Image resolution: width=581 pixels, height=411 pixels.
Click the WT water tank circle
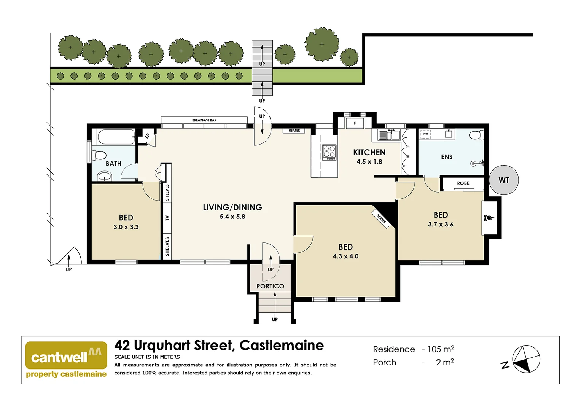click(503, 180)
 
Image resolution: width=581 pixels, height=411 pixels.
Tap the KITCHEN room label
click(369, 152)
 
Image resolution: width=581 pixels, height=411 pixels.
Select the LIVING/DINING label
click(232, 207)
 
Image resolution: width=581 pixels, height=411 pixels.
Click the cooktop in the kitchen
click(329, 152)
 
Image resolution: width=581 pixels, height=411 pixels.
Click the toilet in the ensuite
click(476, 135)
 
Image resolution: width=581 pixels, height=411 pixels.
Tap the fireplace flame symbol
click(489, 218)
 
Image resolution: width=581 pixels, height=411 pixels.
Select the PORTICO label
click(270, 286)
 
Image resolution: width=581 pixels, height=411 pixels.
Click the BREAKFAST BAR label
click(204, 120)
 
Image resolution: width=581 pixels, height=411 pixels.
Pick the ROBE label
click(463, 183)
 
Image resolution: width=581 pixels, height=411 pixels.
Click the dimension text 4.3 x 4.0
click(345, 256)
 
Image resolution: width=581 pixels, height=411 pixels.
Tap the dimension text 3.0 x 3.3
click(126, 227)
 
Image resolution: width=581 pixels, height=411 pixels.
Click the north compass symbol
click(525, 359)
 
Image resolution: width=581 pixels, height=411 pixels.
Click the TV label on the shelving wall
click(167, 218)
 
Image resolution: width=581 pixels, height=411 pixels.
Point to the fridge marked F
click(355, 123)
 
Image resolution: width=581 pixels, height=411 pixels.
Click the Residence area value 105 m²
click(441, 349)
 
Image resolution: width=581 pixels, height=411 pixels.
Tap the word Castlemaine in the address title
click(282, 345)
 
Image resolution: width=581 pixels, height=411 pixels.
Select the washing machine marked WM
click(425, 134)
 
